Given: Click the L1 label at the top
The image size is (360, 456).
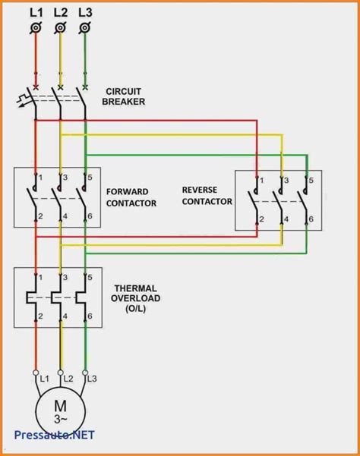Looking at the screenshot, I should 36,13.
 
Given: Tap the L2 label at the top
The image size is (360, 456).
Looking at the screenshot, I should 60,13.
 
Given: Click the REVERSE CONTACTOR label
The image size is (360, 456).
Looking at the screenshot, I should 207,194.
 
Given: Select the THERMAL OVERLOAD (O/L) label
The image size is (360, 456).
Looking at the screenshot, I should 137,297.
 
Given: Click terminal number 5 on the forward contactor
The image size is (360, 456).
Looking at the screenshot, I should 90,178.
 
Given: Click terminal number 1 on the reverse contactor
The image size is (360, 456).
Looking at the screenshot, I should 262,180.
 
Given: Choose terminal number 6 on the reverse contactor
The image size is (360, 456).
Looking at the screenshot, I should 310,220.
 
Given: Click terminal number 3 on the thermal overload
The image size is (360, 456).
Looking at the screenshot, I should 65,276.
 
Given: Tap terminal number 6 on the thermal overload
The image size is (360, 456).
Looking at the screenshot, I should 90,316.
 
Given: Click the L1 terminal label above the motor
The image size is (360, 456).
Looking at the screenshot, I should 44,377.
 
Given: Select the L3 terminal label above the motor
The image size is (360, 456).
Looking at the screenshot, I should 93,377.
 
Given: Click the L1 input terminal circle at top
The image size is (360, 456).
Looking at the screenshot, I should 36,29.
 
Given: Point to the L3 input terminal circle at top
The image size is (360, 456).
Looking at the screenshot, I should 84,29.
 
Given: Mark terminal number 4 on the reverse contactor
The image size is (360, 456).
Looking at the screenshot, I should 286,220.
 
